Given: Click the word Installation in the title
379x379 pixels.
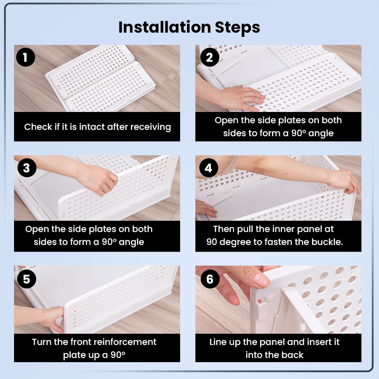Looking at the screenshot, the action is tap(165, 27).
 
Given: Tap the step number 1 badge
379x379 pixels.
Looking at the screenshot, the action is tap(25, 57).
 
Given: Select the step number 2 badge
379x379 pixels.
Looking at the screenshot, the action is tap(210, 57).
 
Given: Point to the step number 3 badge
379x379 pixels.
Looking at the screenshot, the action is tap(27, 168).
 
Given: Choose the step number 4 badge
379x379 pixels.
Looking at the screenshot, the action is tap(208, 168).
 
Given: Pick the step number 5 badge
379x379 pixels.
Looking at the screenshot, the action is tap(27, 279).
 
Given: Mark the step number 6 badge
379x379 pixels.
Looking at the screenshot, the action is tap(210, 279).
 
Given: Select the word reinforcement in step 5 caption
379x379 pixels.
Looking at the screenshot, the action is tap(125, 342).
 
